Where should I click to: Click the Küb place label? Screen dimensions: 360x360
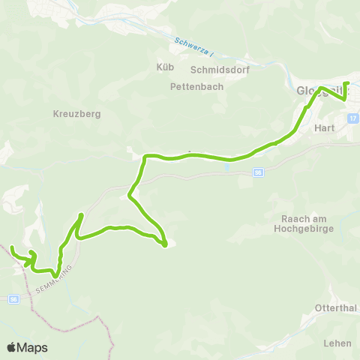coord(165,67)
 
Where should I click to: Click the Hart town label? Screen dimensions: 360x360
coord(325,127)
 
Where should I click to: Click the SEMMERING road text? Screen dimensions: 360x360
coord(60,278)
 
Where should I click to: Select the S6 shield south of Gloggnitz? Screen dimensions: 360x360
coord(259,172)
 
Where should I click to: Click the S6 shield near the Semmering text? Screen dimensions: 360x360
coord(13,298)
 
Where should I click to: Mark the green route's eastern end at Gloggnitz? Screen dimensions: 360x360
coord(346,83)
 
